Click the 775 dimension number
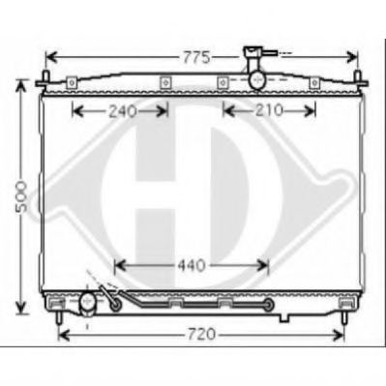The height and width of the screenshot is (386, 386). click(x=196, y=58)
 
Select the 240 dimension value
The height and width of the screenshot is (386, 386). click(x=123, y=111)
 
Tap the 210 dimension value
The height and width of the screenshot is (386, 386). click(x=269, y=110)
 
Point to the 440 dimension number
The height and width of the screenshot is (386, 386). click(x=192, y=265)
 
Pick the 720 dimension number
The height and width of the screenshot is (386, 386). click(x=200, y=334)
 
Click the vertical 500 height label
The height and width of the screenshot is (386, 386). click(x=21, y=196)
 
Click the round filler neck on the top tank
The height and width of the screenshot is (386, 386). click(x=257, y=79)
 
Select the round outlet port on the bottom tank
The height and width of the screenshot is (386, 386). click(x=87, y=301)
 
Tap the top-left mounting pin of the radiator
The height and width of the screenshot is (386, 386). click(x=46, y=79)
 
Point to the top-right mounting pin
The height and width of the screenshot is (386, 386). click(x=357, y=79)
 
